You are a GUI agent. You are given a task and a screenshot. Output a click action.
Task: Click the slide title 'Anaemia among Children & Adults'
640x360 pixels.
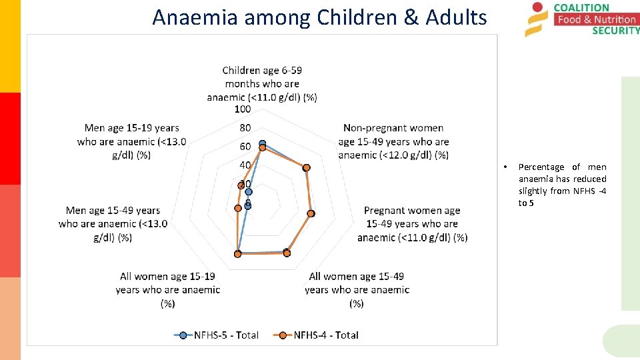point(319,17)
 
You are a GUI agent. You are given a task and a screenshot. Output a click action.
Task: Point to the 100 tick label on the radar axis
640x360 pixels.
point(243,109)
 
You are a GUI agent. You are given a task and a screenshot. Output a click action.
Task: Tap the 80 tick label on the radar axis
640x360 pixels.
point(245,128)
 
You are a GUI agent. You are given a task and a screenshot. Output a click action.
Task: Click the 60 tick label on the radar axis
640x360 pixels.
point(245,147)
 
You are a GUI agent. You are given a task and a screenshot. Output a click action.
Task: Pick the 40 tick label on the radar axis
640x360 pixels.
point(245,165)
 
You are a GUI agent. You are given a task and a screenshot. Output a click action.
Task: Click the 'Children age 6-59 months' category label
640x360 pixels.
point(262,83)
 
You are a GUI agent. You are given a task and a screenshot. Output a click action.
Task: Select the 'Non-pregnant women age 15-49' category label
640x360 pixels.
point(393,141)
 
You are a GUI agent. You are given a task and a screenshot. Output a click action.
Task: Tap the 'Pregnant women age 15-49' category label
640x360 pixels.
point(412,224)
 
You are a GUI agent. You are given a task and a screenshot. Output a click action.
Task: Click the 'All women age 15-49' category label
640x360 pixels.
point(357,289)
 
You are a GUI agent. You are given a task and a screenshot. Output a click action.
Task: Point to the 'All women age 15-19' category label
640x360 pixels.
point(168,289)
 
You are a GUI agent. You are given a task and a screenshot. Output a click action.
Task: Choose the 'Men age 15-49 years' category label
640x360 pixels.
point(113,224)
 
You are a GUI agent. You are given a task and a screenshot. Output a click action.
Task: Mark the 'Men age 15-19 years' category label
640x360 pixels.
point(131,141)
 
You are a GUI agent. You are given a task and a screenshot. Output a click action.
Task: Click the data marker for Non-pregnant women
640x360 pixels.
point(306,167)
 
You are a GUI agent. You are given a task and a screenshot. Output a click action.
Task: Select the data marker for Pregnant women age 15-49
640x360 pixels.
point(311,214)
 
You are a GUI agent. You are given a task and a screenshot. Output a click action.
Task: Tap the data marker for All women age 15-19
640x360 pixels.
point(237,254)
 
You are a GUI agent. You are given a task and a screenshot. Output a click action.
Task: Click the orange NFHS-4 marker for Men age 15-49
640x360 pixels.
point(237,209)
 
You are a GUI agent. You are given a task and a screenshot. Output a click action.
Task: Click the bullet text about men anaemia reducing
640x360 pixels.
point(562,185)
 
